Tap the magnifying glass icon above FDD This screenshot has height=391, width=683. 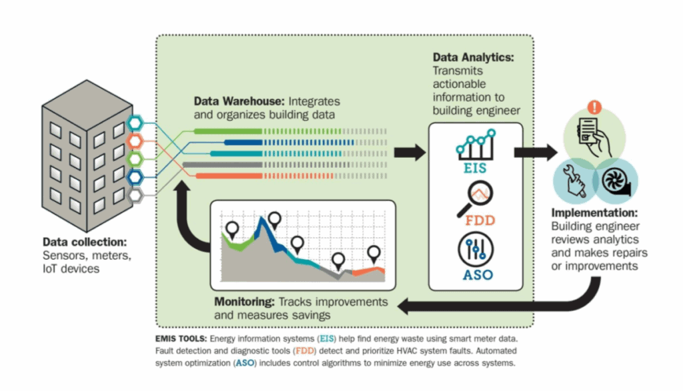click(476, 200)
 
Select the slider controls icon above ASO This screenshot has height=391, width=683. click(476, 250)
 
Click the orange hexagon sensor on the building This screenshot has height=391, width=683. click(135, 141)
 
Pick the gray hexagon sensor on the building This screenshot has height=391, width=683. click(135, 195)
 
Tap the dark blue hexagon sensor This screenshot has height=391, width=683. click(135, 177)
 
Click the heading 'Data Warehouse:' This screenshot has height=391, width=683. click(239, 101)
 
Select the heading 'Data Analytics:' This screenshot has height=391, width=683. click(473, 58)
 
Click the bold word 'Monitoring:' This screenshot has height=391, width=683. click(244, 302)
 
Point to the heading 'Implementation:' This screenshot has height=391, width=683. click(594, 214)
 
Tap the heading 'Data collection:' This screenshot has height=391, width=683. click(84, 242)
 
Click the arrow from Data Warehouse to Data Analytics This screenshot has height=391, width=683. click(410, 153)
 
